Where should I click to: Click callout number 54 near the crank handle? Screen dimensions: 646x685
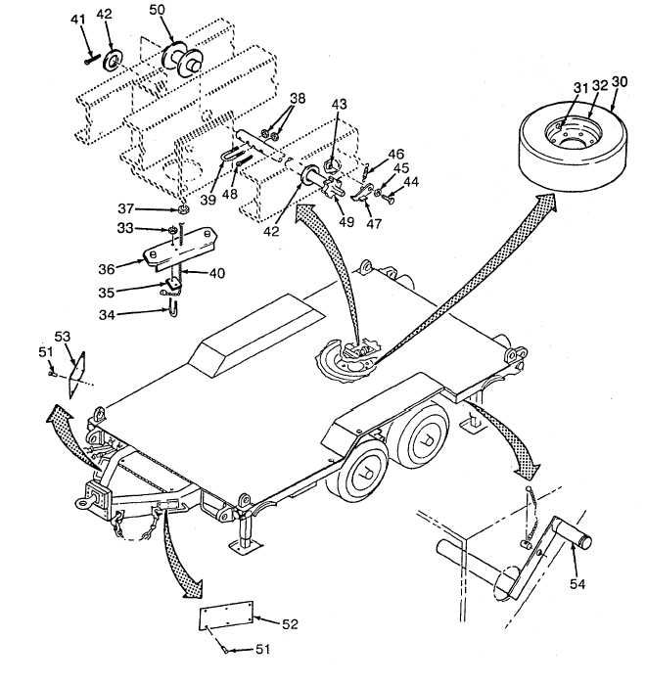(577, 584)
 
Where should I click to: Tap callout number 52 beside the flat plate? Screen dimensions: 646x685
(290, 624)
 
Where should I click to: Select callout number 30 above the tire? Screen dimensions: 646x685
(619, 81)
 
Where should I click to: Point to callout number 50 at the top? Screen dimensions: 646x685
(158, 10)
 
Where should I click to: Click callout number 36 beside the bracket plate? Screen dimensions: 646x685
(107, 269)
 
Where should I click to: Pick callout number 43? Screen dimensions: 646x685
(339, 104)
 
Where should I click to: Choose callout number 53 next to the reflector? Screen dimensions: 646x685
(62, 337)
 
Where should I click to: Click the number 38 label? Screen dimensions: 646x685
(298, 98)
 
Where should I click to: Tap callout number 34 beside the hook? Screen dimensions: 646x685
(107, 314)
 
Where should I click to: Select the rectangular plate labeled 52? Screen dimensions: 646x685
(226, 616)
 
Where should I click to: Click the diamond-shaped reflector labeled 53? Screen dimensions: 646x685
(76, 375)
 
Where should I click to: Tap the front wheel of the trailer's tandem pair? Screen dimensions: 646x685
(363, 472)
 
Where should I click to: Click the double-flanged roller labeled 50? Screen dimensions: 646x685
(181, 60)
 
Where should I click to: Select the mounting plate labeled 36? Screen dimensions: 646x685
(180, 248)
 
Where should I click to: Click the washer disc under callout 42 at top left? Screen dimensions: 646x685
(114, 61)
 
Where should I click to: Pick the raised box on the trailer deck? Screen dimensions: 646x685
(257, 335)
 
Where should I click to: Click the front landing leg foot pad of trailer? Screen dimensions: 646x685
(245, 546)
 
